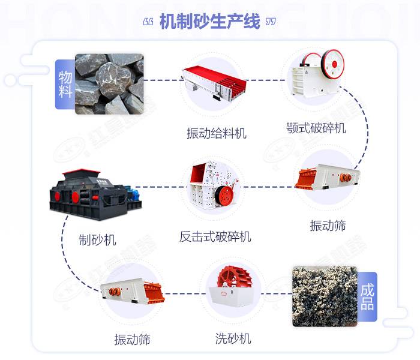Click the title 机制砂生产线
point(210,22)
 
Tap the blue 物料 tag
point(65,84)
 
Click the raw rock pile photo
point(109,83)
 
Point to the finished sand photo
point(324,296)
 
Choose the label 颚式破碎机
point(316,128)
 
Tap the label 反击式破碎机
point(215,236)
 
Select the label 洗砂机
point(233,338)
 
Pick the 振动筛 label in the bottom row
point(132,340)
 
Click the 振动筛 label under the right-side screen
point(328,226)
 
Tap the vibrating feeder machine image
point(215,83)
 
